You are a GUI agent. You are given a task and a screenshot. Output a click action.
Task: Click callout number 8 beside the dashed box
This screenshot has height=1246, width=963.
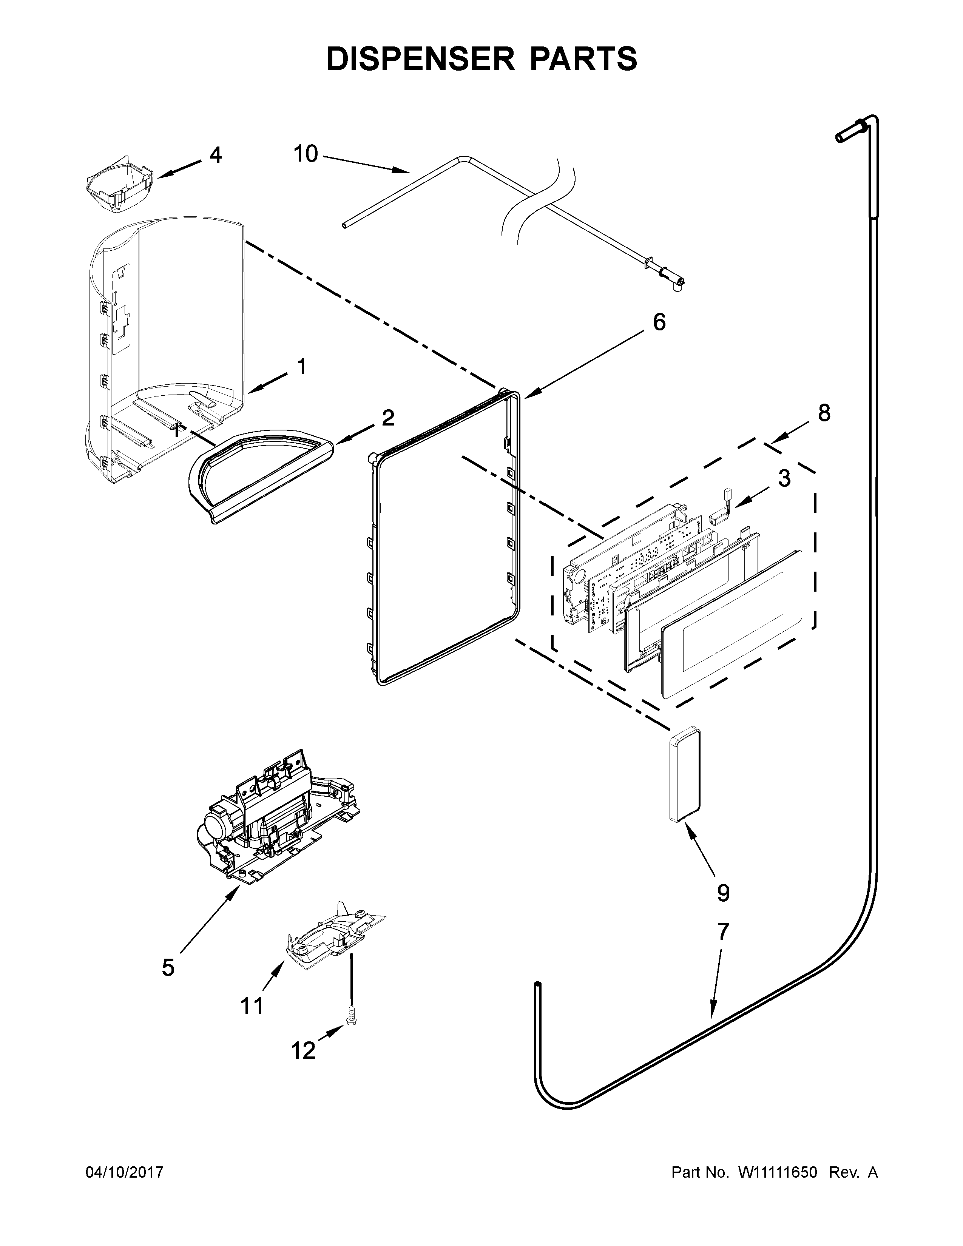click(824, 413)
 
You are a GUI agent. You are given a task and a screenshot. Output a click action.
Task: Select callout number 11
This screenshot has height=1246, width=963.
click(252, 1006)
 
